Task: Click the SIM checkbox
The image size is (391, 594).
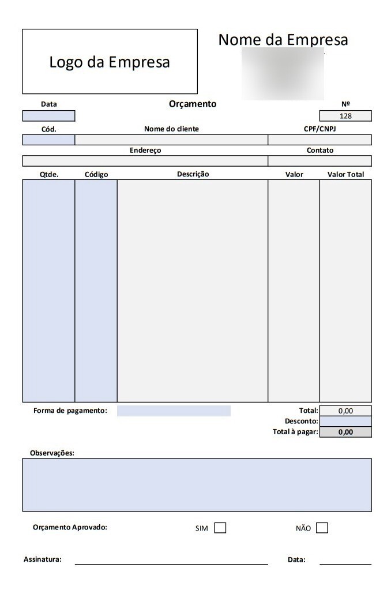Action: click(220, 528)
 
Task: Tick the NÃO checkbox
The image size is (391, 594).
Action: click(322, 528)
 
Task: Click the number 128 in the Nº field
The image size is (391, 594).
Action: click(345, 116)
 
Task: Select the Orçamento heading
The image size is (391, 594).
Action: click(193, 104)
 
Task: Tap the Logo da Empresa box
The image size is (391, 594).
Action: click(110, 62)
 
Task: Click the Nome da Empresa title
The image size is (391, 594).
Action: click(283, 40)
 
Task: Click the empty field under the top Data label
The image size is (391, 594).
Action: click(49, 116)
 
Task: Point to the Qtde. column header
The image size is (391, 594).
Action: click(49, 174)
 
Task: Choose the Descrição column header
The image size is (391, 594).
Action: click(193, 174)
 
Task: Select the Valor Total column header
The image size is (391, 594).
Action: click(345, 174)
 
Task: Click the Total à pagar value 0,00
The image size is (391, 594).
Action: click(345, 432)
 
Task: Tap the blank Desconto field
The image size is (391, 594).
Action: click(345, 422)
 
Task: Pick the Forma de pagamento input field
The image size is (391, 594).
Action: click(174, 411)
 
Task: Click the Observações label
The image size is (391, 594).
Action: click(52, 453)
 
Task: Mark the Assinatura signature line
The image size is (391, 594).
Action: click(171, 563)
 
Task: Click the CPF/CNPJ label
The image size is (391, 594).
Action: click(319, 129)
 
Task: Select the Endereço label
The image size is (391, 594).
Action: click(145, 150)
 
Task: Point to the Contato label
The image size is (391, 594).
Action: click(319, 150)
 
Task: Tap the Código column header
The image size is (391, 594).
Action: click(96, 174)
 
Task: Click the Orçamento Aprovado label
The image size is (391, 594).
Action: click(70, 527)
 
